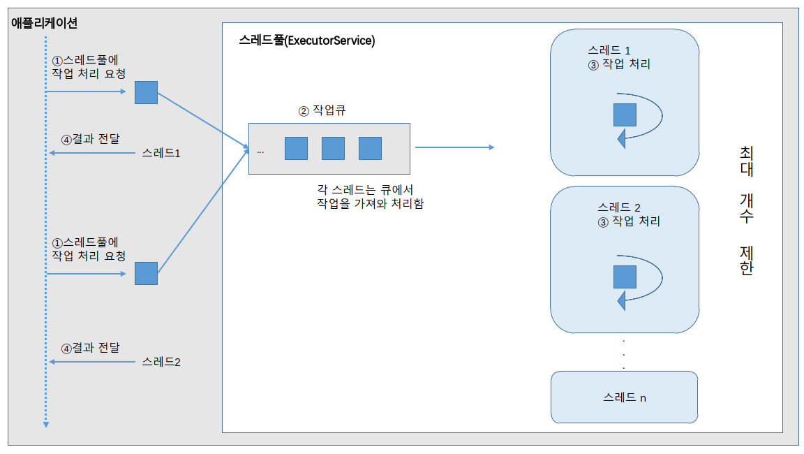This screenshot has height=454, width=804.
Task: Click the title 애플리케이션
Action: (44, 23)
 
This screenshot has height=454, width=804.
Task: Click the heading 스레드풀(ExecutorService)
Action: (306, 41)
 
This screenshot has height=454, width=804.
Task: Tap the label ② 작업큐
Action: (322, 110)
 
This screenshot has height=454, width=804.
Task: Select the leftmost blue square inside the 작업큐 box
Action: (296, 148)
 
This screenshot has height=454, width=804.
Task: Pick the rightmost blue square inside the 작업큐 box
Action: (370, 148)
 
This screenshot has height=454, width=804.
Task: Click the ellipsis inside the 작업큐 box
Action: (260, 151)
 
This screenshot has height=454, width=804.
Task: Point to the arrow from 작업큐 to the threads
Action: (454, 147)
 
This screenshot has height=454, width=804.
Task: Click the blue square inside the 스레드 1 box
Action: (625, 115)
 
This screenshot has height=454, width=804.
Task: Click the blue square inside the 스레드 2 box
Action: (625, 277)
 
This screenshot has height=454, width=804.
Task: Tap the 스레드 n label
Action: (625, 397)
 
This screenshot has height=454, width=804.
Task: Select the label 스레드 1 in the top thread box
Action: (609, 50)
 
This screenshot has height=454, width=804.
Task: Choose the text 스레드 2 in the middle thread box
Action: (618, 207)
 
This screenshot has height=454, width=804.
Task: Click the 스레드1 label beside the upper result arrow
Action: (161, 153)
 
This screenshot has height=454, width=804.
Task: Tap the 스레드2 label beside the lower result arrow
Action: (161, 362)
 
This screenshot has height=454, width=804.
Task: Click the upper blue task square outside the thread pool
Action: (146, 92)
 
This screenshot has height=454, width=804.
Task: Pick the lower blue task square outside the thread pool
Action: (146, 273)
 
